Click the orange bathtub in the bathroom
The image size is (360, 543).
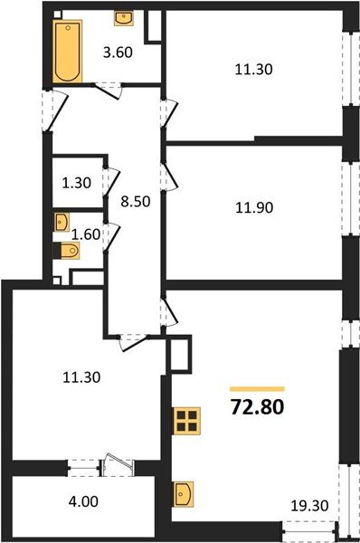tap(66, 52)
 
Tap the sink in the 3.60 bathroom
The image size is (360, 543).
tap(122, 18)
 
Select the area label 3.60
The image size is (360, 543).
tap(118, 52)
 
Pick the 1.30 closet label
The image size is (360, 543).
tap(77, 182)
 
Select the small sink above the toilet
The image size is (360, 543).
tap(62, 220)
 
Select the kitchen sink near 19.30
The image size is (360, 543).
tap(185, 495)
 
